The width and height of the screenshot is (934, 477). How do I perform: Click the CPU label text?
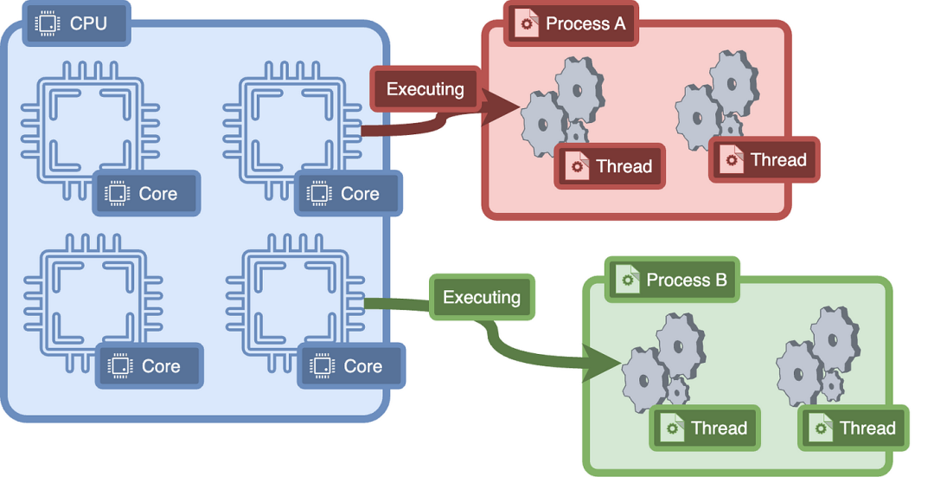88,23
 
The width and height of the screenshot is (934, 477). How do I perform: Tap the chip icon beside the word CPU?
48,24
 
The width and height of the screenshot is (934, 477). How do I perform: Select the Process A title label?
571,24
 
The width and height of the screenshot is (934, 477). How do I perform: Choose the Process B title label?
672,280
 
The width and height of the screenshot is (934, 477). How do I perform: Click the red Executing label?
425,89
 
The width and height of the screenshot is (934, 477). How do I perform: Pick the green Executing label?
482,297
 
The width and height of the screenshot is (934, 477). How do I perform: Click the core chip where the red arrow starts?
292,130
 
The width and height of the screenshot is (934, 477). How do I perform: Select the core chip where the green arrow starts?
296,303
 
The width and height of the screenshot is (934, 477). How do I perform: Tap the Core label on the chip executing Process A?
349,193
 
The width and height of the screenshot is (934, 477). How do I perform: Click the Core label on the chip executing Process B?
351,365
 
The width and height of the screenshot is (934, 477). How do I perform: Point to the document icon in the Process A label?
527,24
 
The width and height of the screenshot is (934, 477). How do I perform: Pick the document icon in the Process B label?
627,280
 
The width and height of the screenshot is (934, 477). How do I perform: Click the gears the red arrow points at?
562,106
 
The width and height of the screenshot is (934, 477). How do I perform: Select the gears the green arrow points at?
663,363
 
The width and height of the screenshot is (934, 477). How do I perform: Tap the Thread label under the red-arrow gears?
610,165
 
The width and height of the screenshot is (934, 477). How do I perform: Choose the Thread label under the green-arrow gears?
706,429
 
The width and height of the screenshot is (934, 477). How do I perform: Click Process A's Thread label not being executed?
764,160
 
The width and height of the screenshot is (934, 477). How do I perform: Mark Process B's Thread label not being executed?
854,429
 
